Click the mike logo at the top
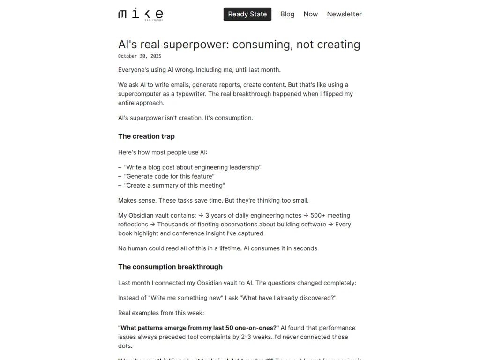(x=141, y=14)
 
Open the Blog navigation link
(x=287, y=14)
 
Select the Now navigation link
(x=310, y=14)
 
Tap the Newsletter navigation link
(x=344, y=14)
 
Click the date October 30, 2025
(x=140, y=56)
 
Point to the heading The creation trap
(x=146, y=136)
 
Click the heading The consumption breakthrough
(x=170, y=267)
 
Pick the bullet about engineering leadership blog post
(x=193, y=167)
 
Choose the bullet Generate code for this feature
(x=169, y=176)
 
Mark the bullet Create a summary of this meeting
(x=174, y=185)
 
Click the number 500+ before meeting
(x=318, y=215)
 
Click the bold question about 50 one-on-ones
(x=198, y=328)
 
